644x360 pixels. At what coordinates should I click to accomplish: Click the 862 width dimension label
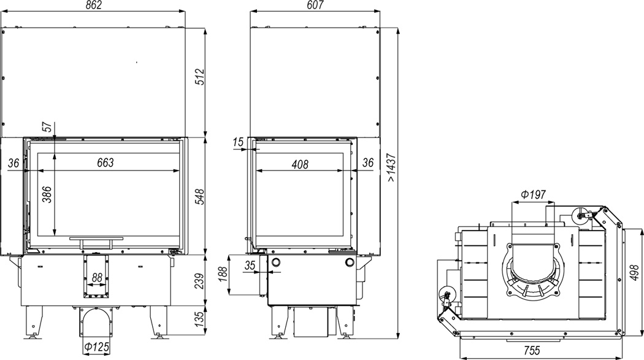point(94,6)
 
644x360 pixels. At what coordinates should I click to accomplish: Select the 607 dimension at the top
point(315,6)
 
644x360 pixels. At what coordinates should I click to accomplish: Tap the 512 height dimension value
point(199,77)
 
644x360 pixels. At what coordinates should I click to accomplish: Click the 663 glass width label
point(105,163)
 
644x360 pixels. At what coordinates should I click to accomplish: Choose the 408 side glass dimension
point(300,164)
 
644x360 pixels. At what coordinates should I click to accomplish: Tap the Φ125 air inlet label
point(96,347)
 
